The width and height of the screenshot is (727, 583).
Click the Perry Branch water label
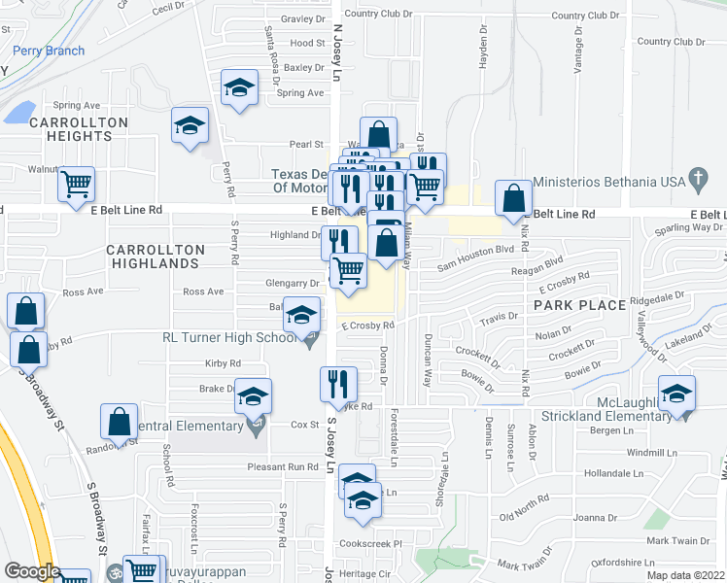(x=49, y=51)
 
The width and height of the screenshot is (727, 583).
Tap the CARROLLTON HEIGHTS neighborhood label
(x=78, y=129)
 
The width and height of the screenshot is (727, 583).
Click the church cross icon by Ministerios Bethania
(x=695, y=179)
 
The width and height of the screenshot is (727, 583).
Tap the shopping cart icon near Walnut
(x=76, y=183)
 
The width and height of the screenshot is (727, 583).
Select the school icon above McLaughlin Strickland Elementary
(x=676, y=394)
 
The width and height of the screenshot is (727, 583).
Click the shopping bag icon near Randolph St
(x=119, y=422)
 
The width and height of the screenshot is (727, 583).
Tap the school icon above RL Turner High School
(x=301, y=315)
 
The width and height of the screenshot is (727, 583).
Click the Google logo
(x=32, y=571)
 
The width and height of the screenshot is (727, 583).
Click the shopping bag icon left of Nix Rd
(x=513, y=198)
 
